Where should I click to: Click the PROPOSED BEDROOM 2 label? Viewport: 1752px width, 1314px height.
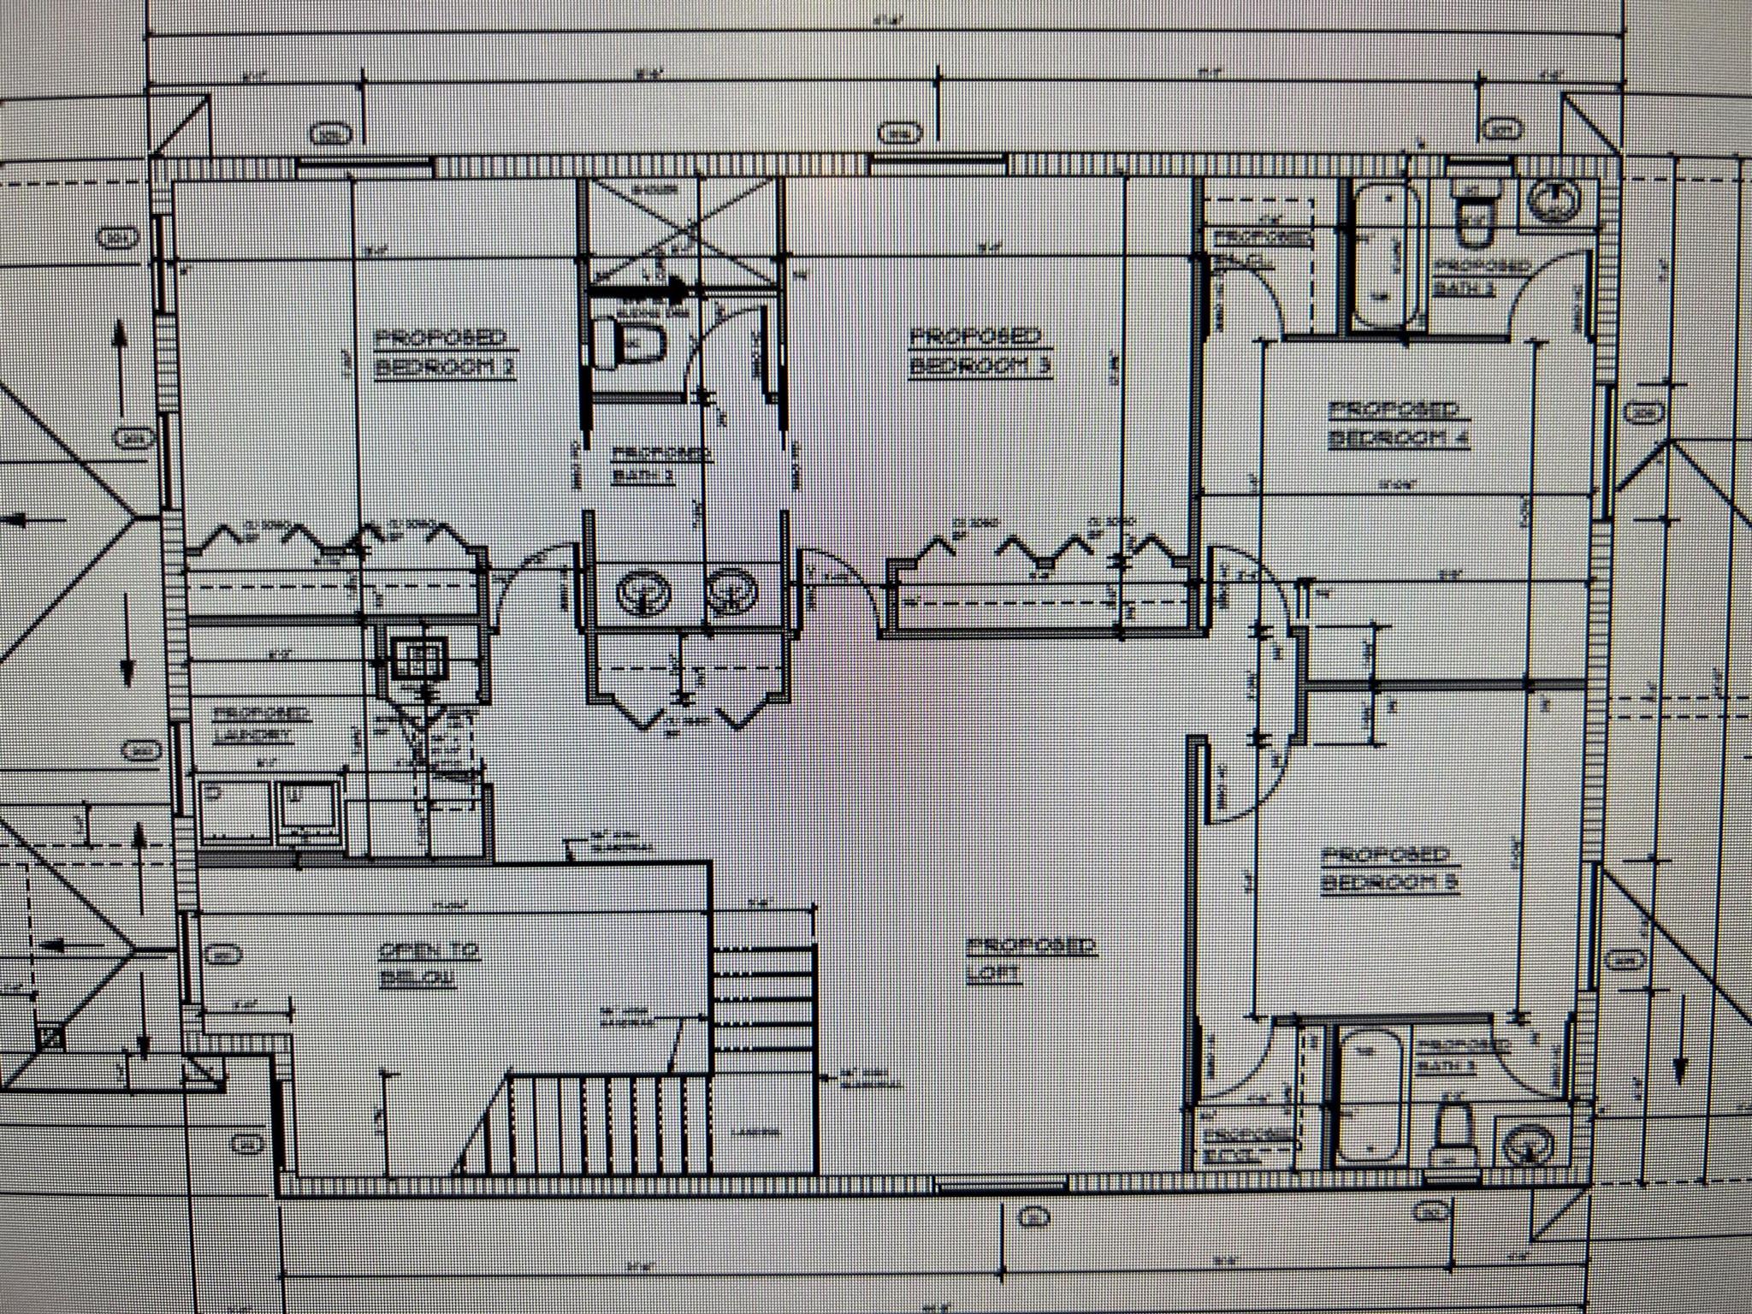pyautogui.click(x=444, y=352)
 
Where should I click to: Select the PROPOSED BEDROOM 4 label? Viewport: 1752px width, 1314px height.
pyautogui.click(x=1398, y=423)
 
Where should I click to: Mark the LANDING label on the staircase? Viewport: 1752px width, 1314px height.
pyautogui.click(x=756, y=1132)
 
